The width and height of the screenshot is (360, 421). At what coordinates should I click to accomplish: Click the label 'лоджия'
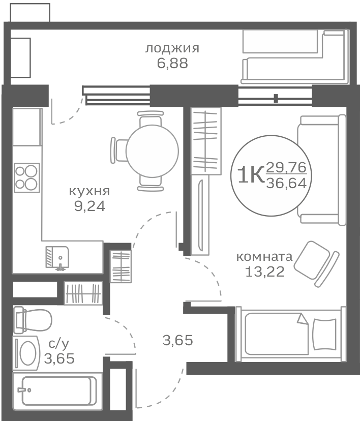click(x=172, y=49)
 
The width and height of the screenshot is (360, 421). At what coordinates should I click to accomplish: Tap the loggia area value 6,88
click(x=172, y=64)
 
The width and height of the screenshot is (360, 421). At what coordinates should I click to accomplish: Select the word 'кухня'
click(x=89, y=192)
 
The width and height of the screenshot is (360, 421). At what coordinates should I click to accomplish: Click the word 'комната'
click(x=264, y=257)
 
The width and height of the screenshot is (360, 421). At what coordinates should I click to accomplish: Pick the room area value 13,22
click(x=264, y=272)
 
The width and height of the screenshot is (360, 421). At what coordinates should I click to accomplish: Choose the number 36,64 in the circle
click(x=286, y=183)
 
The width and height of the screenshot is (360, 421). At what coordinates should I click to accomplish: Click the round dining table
click(x=152, y=151)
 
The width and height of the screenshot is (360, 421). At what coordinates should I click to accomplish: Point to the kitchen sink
click(x=57, y=256)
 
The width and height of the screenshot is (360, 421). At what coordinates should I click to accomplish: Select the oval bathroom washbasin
click(x=27, y=352)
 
